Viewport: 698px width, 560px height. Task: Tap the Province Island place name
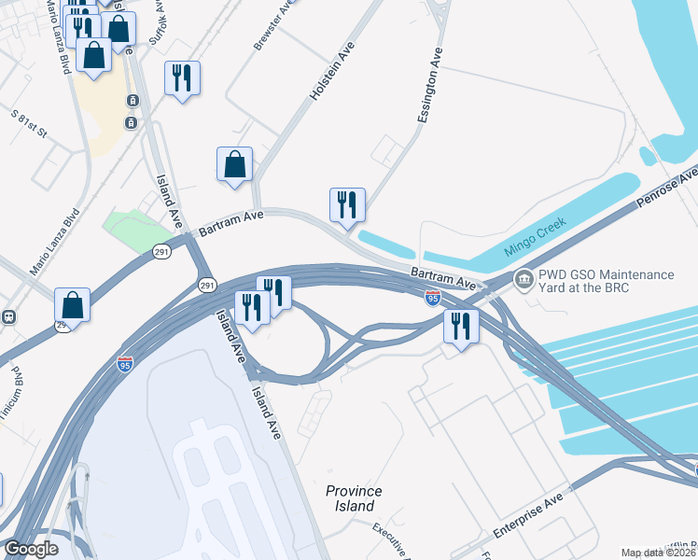[x=354, y=498]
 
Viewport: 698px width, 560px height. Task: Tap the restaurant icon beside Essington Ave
[x=347, y=204]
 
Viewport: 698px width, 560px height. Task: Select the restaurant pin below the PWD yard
[x=461, y=327]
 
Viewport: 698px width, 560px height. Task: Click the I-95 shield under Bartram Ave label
[x=432, y=298]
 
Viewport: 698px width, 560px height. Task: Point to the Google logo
[x=31, y=550]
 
